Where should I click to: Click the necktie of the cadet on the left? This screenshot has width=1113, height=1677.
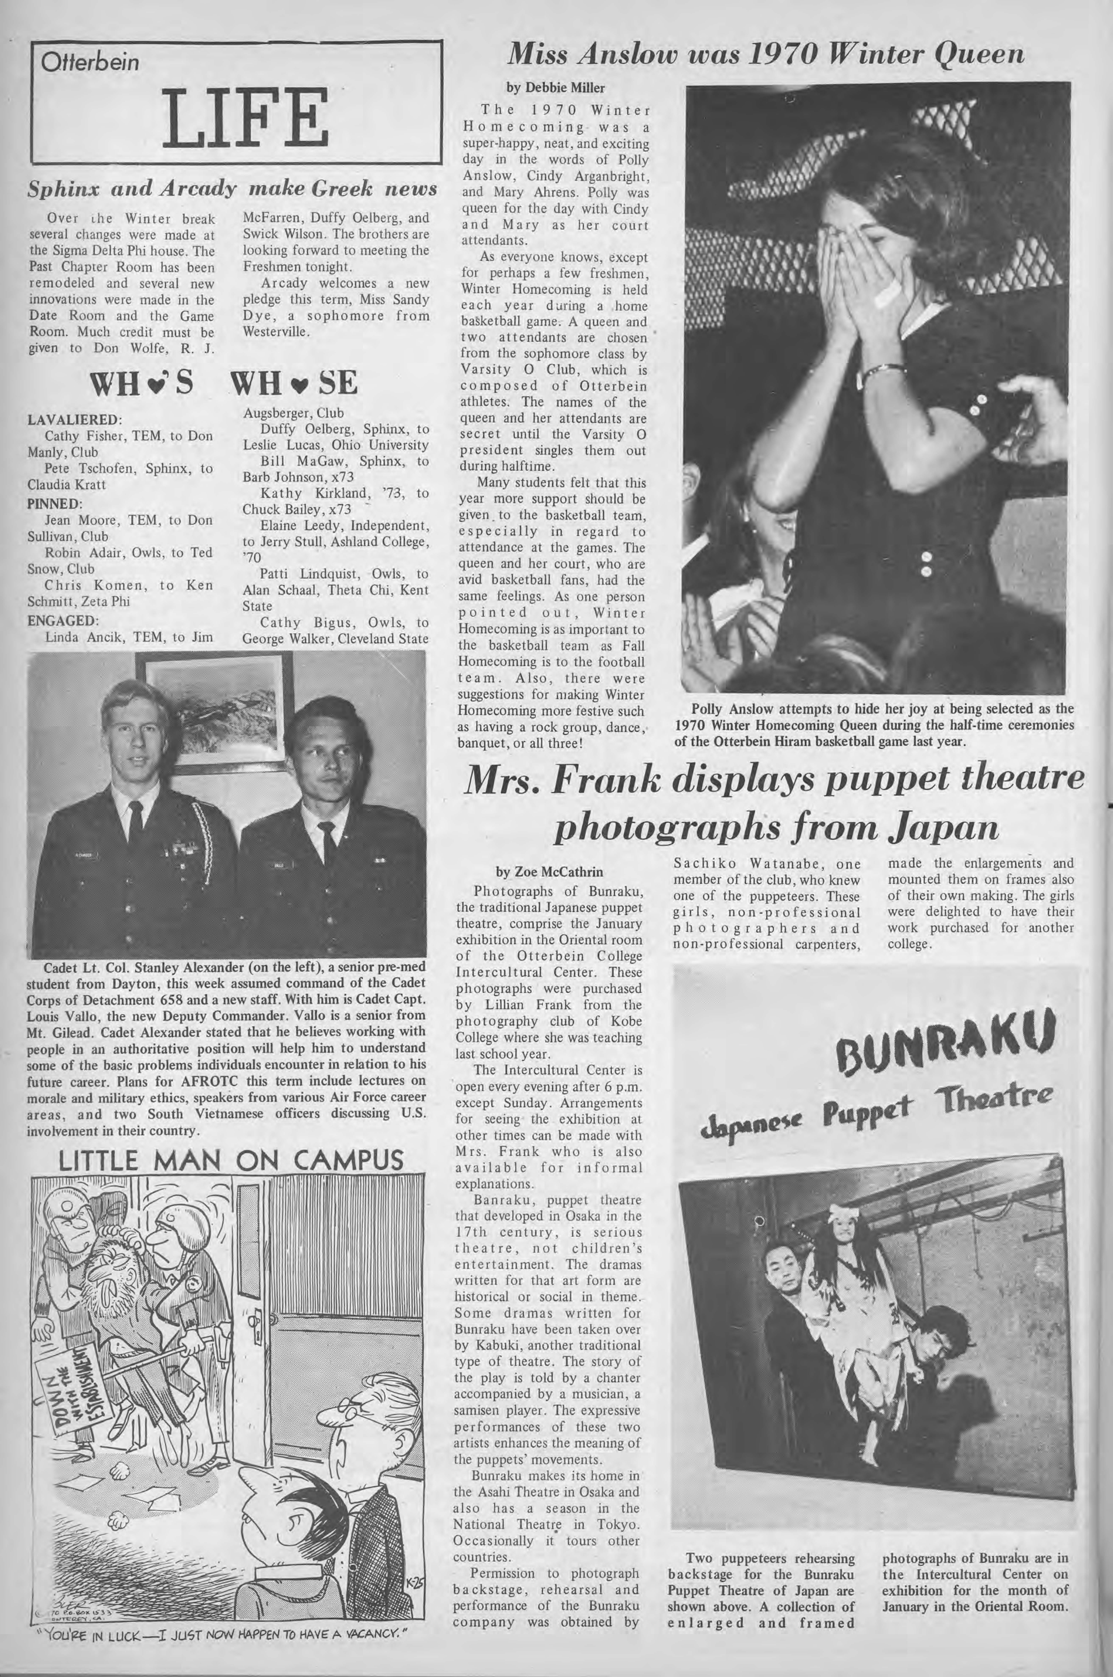(135, 824)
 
